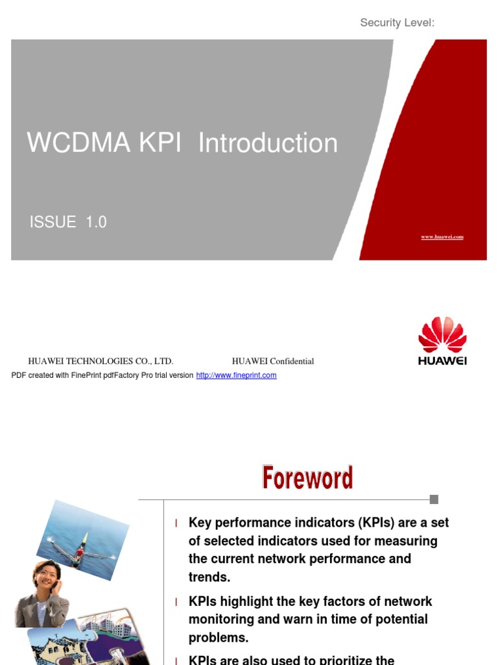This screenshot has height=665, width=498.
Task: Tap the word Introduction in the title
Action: [268, 144]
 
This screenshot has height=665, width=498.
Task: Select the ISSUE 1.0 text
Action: [68, 222]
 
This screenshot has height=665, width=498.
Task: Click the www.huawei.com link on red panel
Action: [442, 237]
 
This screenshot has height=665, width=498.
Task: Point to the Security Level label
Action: [397, 23]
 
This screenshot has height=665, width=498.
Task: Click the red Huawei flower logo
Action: [442, 335]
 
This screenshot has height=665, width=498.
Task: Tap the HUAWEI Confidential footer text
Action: [273, 361]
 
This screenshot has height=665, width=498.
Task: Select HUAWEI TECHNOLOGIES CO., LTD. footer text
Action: [101, 361]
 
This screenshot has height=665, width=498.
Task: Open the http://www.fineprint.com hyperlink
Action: [236, 375]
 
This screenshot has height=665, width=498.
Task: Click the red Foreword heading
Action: [307, 478]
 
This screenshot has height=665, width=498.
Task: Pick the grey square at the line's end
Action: [434, 499]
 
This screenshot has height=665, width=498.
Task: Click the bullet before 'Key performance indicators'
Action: [176, 523]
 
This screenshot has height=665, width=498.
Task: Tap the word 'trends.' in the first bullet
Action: [209, 577]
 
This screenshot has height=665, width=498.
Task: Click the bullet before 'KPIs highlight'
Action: [176, 602]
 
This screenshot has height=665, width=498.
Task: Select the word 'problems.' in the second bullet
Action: [219, 638]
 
